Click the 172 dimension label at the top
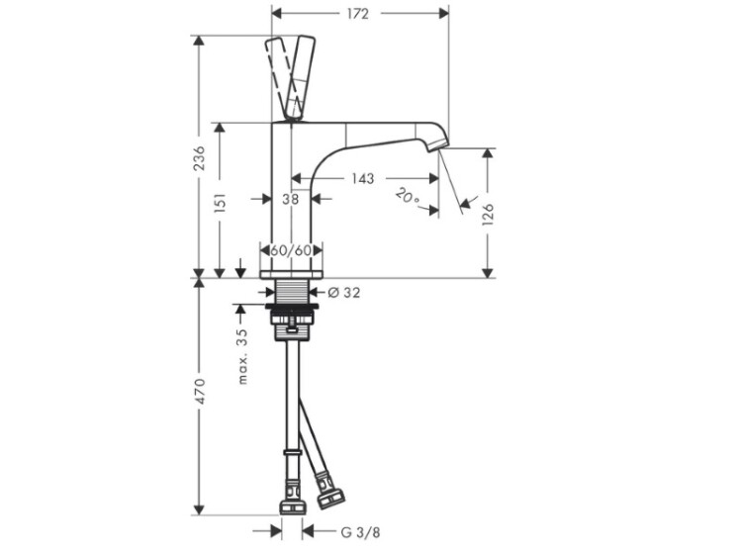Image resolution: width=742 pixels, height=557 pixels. (x=358, y=14)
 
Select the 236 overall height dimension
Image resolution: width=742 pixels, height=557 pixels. (x=200, y=158)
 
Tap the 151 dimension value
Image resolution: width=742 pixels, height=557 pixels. (x=220, y=202)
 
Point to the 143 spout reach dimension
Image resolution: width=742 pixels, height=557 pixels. (x=363, y=178)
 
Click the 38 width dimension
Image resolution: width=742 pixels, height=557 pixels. (x=291, y=199)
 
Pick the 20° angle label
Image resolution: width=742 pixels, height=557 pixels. (x=407, y=196)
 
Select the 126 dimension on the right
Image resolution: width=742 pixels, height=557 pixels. (x=488, y=214)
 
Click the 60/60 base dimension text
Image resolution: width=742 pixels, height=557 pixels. (x=291, y=250)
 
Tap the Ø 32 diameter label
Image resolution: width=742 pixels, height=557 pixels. (x=344, y=293)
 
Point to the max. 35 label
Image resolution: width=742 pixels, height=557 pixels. (x=242, y=356)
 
